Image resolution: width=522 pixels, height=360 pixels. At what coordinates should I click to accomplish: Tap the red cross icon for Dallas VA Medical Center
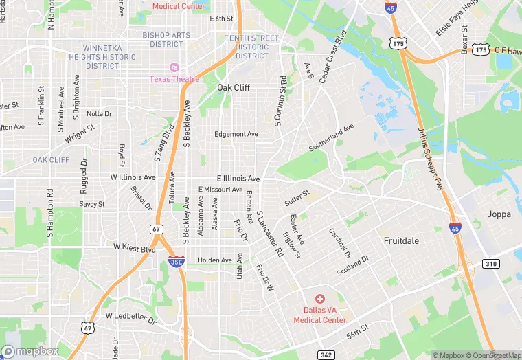click(x=319, y=299)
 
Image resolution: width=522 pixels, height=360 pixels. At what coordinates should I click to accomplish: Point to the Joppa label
click(x=499, y=214)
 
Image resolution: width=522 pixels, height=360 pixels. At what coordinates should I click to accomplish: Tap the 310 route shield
click(x=491, y=264)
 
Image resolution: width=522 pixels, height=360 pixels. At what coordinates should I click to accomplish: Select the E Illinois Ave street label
click(x=238, y=177)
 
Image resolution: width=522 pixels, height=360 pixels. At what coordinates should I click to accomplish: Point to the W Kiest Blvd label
click(x=135, y=246)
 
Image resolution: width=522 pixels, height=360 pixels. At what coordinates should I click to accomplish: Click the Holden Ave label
click(x=215, y=260)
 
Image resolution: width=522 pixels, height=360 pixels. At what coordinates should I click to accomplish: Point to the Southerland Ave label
click(x=331, y=137)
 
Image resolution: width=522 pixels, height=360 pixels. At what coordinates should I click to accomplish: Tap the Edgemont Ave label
click(x=236, y=134)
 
